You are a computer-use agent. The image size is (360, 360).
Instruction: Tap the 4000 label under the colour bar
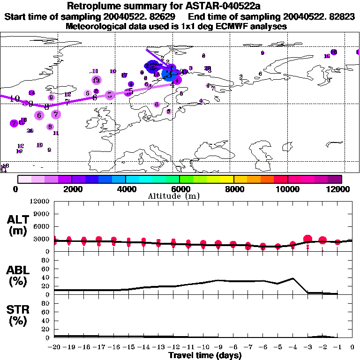(125, 189)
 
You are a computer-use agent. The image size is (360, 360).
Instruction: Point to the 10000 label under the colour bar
(287, 189)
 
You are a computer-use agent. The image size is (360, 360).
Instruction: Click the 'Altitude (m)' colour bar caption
(180, 195)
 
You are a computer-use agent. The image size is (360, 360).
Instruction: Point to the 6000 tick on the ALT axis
(42, 226)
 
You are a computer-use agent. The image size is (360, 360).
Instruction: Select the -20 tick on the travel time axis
(54, 347)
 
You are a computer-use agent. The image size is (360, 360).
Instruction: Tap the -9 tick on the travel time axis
(218, 347)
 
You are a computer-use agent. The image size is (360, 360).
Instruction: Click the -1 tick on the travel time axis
(337, 347)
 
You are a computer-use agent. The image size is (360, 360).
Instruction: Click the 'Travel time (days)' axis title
(205, 355)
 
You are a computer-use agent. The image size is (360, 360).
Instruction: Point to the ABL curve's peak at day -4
(293, 278)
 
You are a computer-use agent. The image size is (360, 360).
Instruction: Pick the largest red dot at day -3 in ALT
(308, 240)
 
